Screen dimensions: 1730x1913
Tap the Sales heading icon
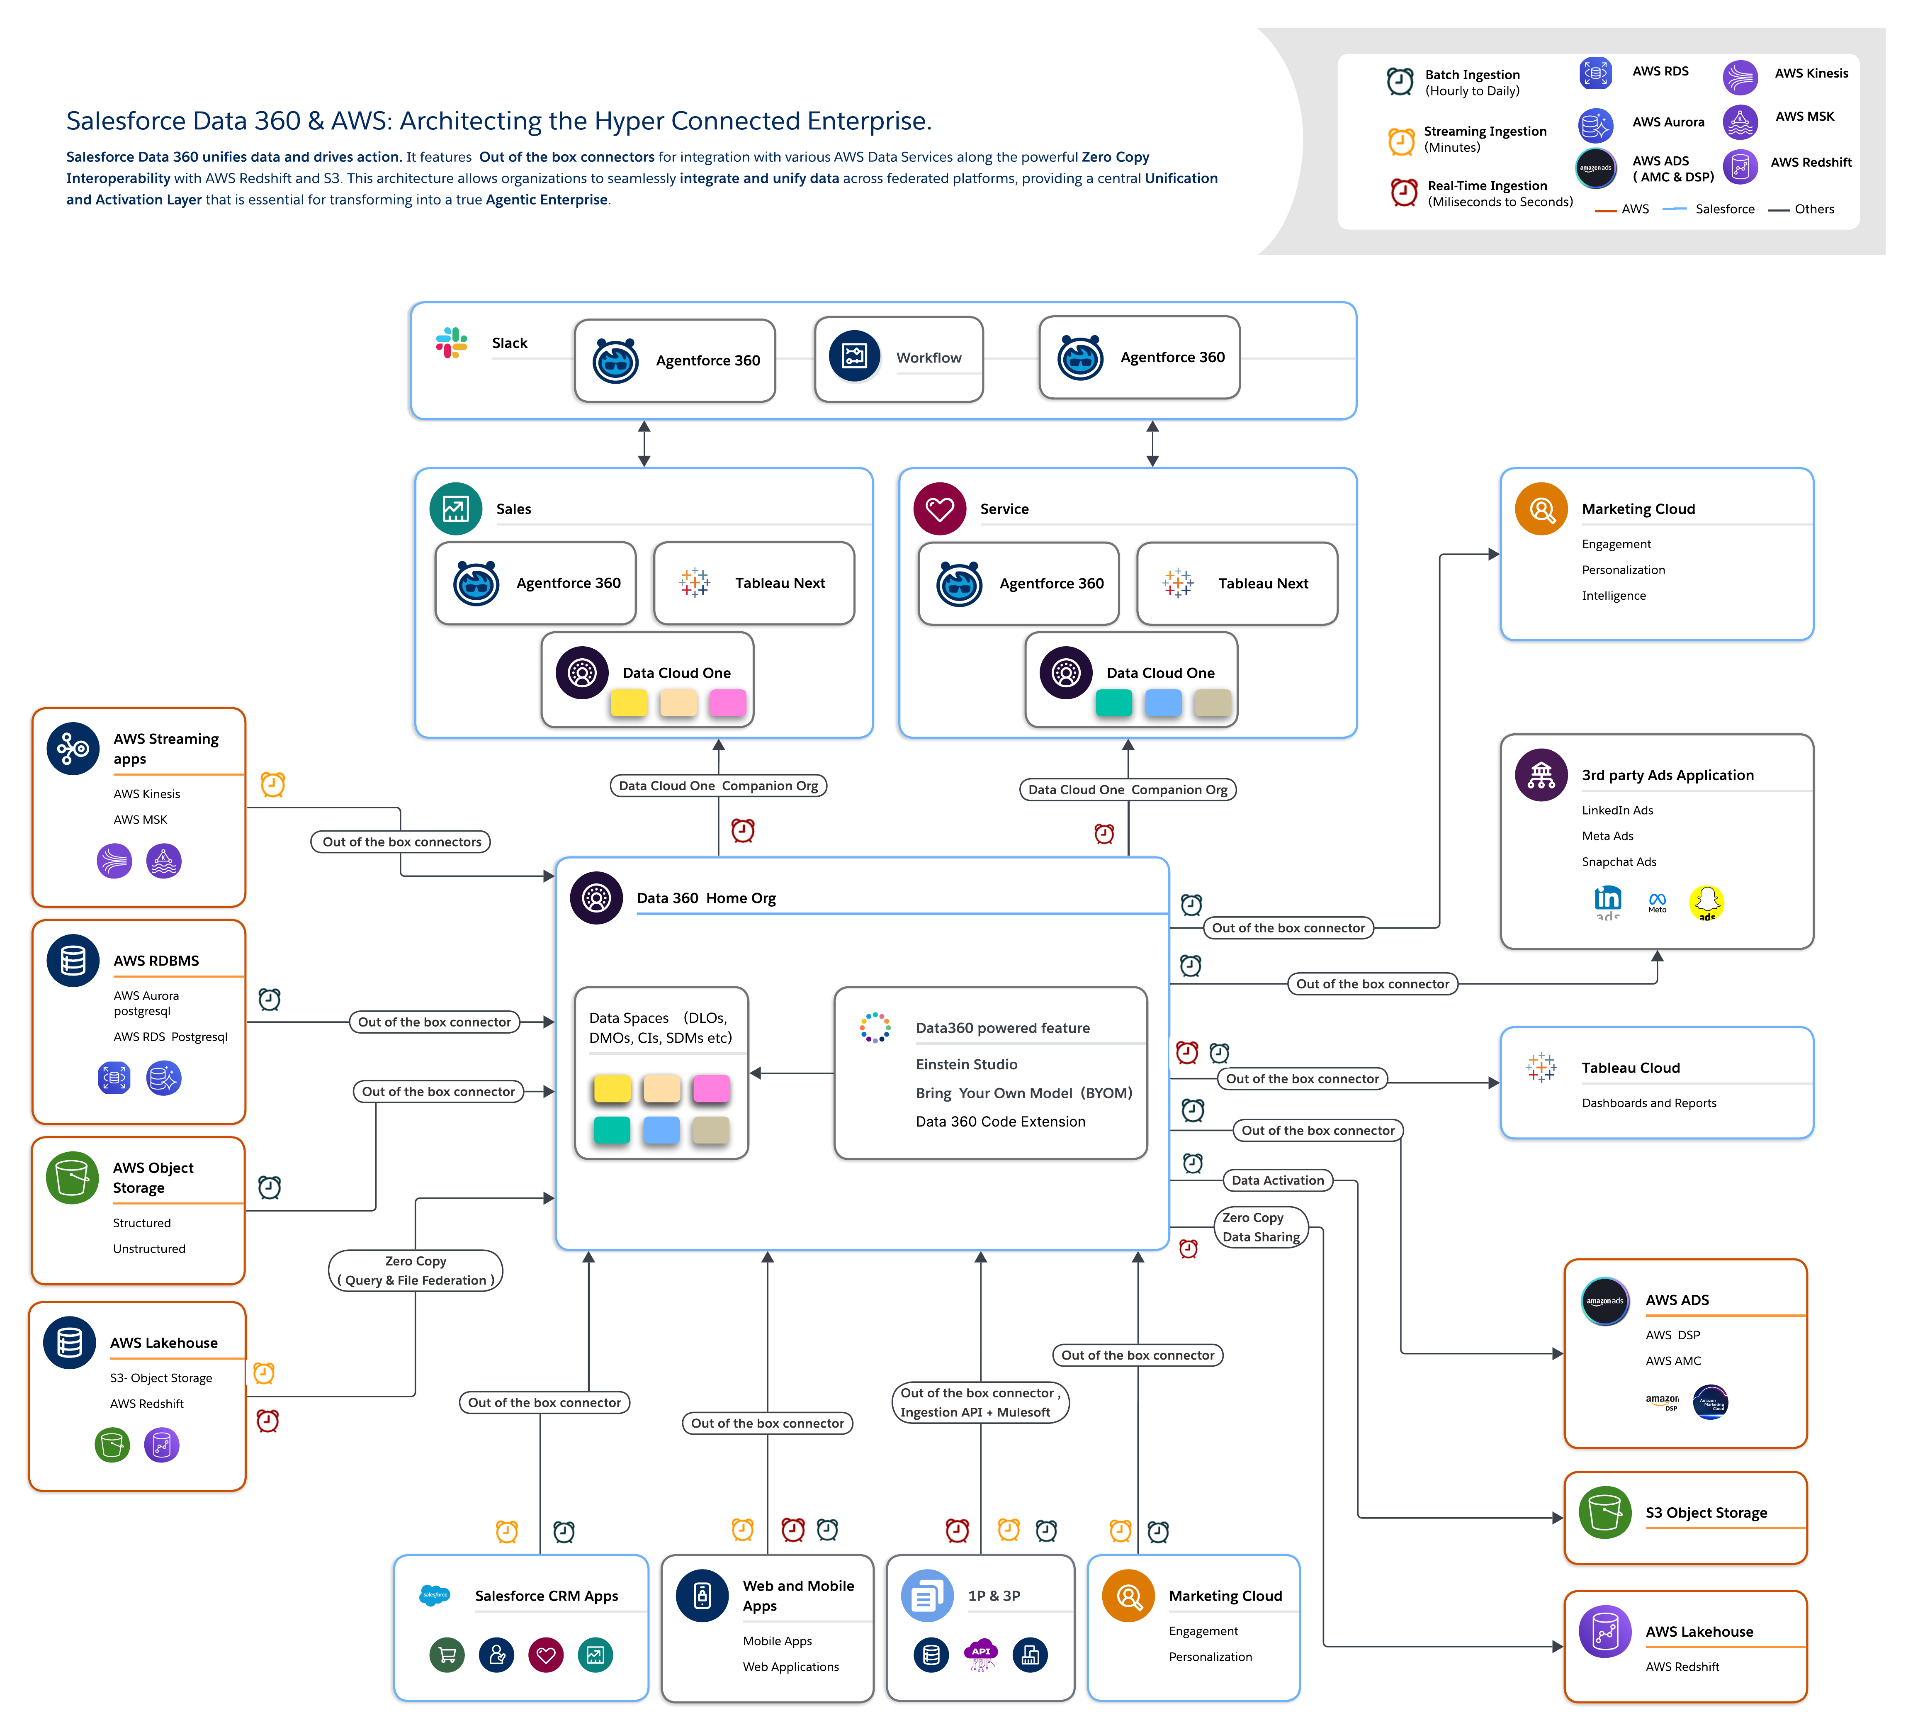coord(455,509)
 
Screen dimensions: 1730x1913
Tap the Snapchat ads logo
coord(1706,902)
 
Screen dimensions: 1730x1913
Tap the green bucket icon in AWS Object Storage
coord(72,1178)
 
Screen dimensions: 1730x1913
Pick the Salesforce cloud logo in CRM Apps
coord(435,1595)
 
